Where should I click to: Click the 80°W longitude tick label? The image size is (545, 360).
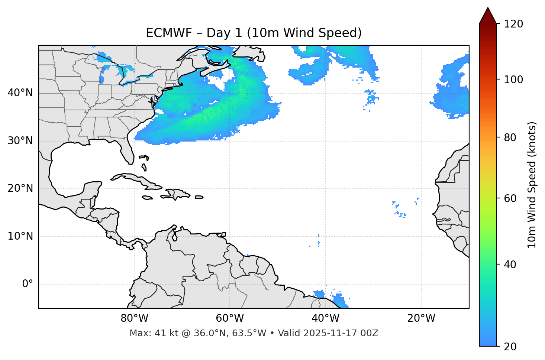click(x=134, y=318)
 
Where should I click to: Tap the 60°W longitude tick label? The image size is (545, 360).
click(x=230, y=318)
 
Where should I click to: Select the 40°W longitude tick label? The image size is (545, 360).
click(x=325, y=318)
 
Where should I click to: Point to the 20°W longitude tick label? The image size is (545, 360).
click(x=421, y=318)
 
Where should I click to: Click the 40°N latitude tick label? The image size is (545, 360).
click(x=20, y=93)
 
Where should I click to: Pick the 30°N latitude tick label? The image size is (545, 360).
click(x=20, y=141)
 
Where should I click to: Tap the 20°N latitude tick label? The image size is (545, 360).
click(x=20, y=188)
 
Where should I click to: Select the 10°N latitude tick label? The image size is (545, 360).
click(x=20, y=236)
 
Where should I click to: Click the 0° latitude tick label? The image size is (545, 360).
click(x=28, y=284)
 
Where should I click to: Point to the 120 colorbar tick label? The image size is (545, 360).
click(x=513, y=24)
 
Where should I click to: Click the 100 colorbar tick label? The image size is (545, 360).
click(x=513, y=80)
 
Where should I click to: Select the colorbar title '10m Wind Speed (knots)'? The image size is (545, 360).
click(x=532, y=185)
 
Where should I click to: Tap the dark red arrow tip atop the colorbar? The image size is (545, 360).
click(x=488, y=14)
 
